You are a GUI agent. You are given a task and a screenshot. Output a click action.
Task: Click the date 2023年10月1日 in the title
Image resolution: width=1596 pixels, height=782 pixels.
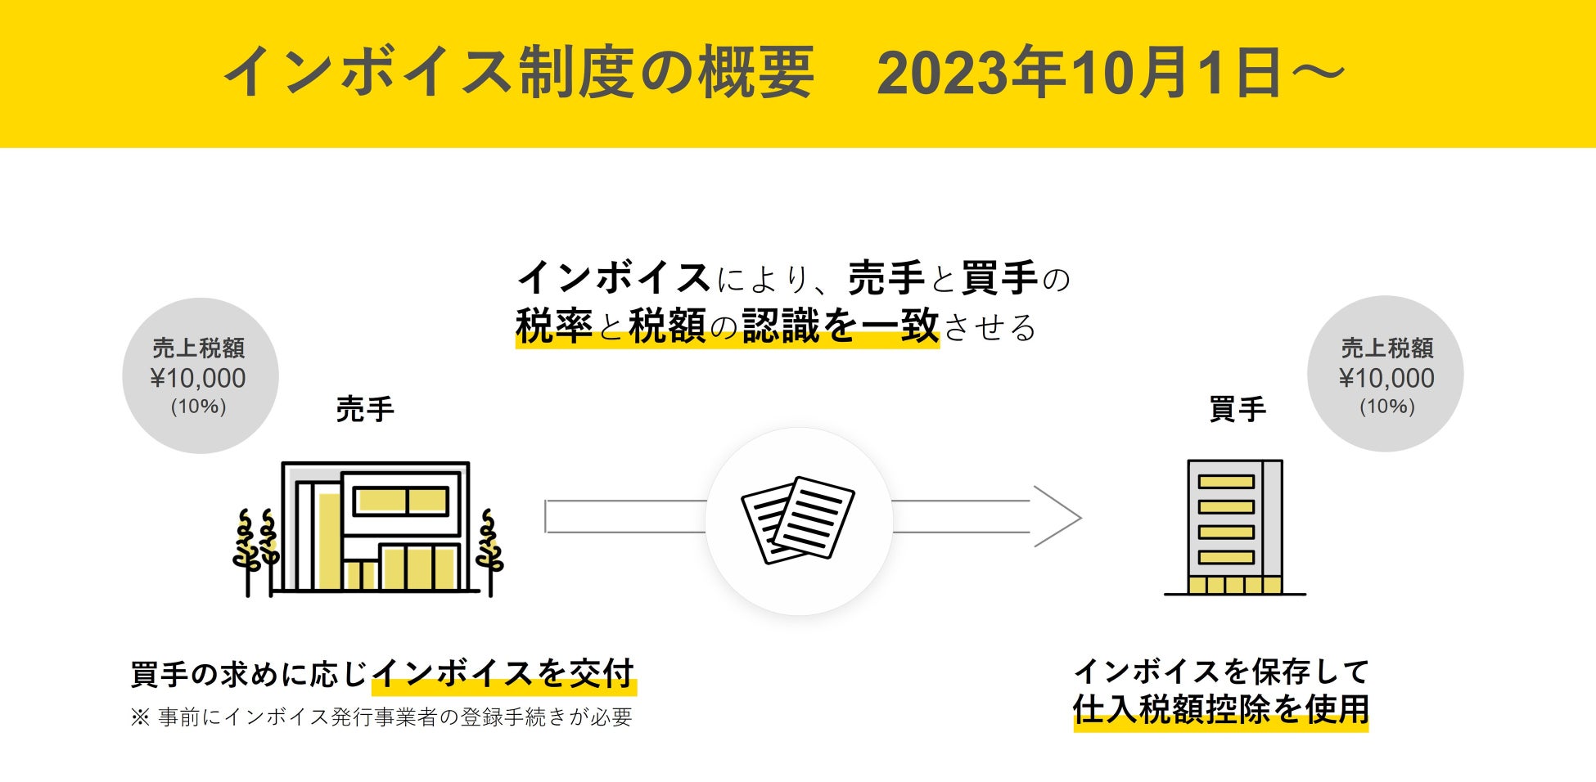(x=1079, y=74)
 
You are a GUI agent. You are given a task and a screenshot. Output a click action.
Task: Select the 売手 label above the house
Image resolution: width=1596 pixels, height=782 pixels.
(x=365, y=409)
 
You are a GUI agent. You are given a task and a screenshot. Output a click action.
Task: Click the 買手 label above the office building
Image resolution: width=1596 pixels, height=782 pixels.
(x=1238, y=409)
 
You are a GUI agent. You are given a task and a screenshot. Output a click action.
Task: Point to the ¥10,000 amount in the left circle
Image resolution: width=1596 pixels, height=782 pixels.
(x=198, y=378)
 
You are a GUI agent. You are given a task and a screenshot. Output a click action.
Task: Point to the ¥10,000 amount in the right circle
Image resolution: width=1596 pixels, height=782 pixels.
(x=1386, y=378)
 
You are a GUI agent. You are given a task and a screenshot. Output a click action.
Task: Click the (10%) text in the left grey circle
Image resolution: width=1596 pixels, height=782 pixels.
(x=198, y=407)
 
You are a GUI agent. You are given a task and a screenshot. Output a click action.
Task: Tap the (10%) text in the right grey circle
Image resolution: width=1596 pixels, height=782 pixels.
(x=1386, y=407)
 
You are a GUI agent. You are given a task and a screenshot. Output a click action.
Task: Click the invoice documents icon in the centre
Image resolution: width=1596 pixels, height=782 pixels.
(x=798, y=520)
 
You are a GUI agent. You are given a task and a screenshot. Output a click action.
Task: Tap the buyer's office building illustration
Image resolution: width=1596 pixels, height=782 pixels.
(x=1234, y=527)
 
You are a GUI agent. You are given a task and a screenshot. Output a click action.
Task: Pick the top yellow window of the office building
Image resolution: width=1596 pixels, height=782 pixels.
(x=1226, y=482)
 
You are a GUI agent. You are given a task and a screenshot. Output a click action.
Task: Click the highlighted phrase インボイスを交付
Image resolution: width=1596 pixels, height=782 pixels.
(x=503, y=674)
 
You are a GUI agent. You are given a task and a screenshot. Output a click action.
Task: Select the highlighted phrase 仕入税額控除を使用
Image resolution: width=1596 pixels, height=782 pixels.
(x=1220, y=709)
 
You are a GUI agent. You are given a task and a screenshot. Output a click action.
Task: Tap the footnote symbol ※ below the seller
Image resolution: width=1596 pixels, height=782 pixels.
(x=140, y=717)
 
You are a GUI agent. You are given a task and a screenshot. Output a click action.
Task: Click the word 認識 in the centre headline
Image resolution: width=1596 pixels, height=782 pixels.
(x=781, y=326)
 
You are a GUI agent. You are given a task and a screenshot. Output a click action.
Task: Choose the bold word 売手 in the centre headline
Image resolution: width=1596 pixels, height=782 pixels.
(x=886, y=278)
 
